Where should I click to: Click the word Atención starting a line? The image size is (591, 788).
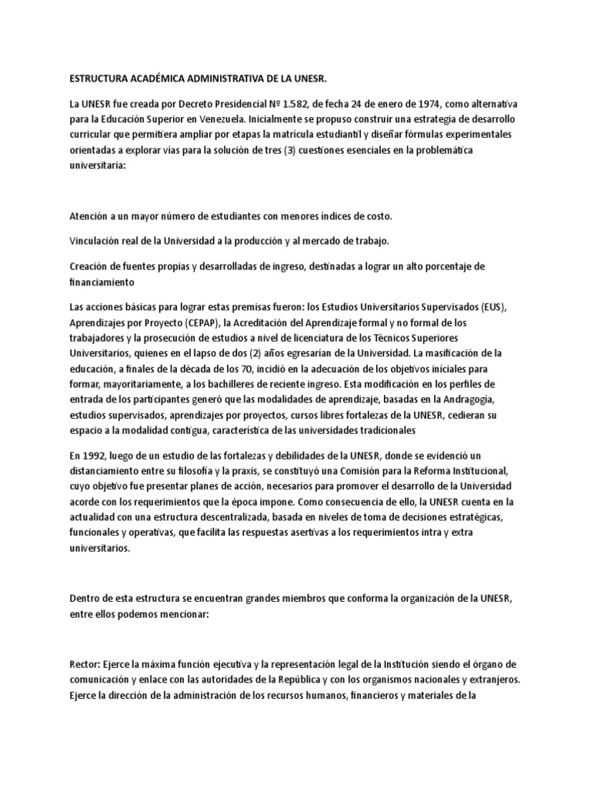(x=92, y=217)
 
